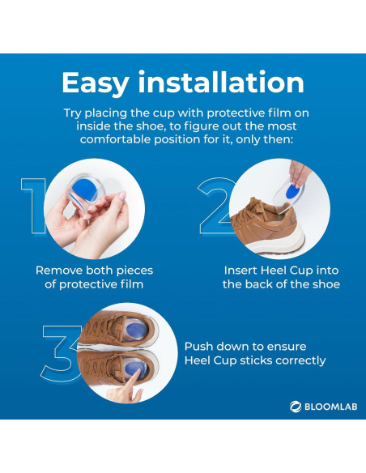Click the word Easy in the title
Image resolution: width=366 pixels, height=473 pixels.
tap(96, 83)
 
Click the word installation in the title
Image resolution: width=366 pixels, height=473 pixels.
tap(221, 82)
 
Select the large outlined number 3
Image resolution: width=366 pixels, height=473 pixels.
tap(60, 353)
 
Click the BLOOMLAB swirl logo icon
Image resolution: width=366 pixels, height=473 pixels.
tap(296, 407)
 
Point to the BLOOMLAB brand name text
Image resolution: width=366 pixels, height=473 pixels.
tap(330, 407)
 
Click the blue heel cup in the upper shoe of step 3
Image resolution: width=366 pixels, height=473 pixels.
tap(134, 330)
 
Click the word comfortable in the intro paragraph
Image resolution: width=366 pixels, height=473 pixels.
tap(116, 139)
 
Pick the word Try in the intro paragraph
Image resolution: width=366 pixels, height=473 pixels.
tap(72, 113)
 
